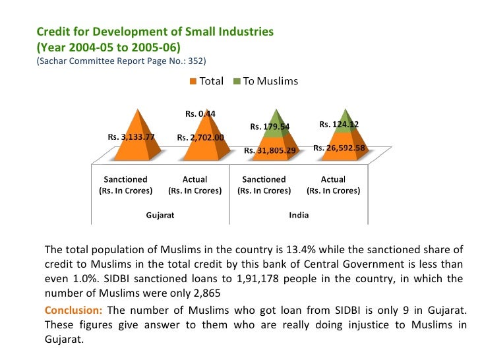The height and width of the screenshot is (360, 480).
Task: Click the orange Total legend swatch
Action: pyautogui.click(x=193, y=82)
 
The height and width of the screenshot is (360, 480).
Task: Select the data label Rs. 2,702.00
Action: pyautogui.click(x=200, y=137)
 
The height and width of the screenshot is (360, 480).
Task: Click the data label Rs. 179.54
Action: pyautogui.click(x=270, y=126)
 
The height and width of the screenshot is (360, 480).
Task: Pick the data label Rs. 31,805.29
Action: pyautogui.click(x=270, y=150)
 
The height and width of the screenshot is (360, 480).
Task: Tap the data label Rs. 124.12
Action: pyautogui.click(x=339, y=124)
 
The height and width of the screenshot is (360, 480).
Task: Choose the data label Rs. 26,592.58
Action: pyautogui.click(x=340, y=148)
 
